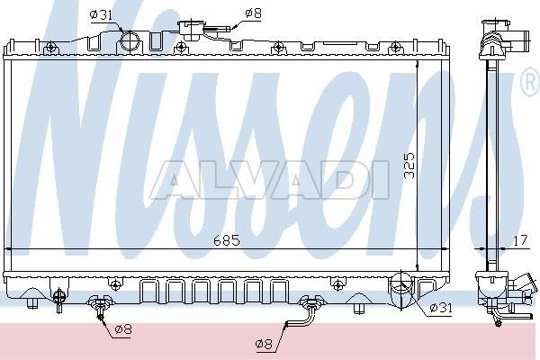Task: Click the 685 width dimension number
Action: [226, 240]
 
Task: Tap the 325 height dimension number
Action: [409, 166]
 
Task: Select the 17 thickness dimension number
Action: [520, 240]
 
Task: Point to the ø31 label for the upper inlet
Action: [101, 14]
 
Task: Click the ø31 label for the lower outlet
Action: [440, 307]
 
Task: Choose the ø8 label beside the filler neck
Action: [253, 13]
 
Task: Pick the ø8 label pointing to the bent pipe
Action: [264, 343]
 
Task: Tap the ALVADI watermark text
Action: [270, 180]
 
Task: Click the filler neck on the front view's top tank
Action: [192, 31]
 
